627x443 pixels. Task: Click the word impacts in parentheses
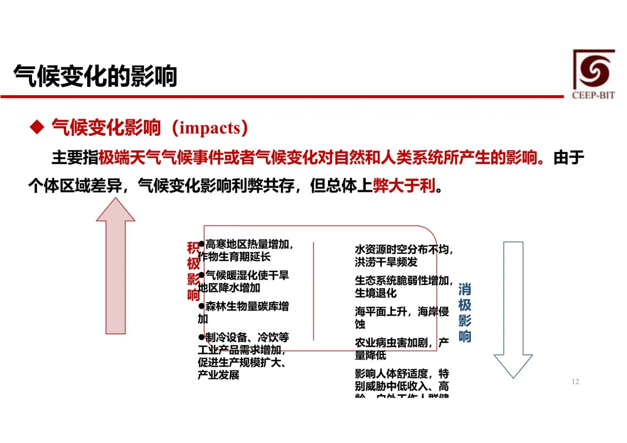(x=210, y=128)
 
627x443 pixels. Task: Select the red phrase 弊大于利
(x=404, y=186)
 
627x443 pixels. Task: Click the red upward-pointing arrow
(x=116, y=266)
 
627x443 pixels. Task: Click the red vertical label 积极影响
(x=193, y=271)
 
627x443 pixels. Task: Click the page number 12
(x=575, y=382)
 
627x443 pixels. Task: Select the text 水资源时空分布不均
(x=403, y=249)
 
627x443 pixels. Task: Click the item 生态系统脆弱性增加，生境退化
(x=403, y=287)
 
